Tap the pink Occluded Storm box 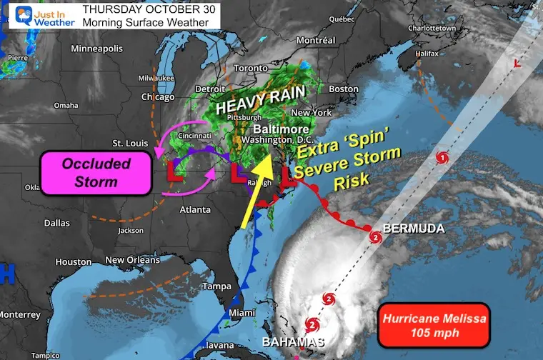pyautogui.click(x=96, y=172)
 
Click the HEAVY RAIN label pyautogui.click(x=261, y=101)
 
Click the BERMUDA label pyautogui.click(x=414, y=229)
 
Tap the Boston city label pyautogui.click(x=343, y=89)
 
